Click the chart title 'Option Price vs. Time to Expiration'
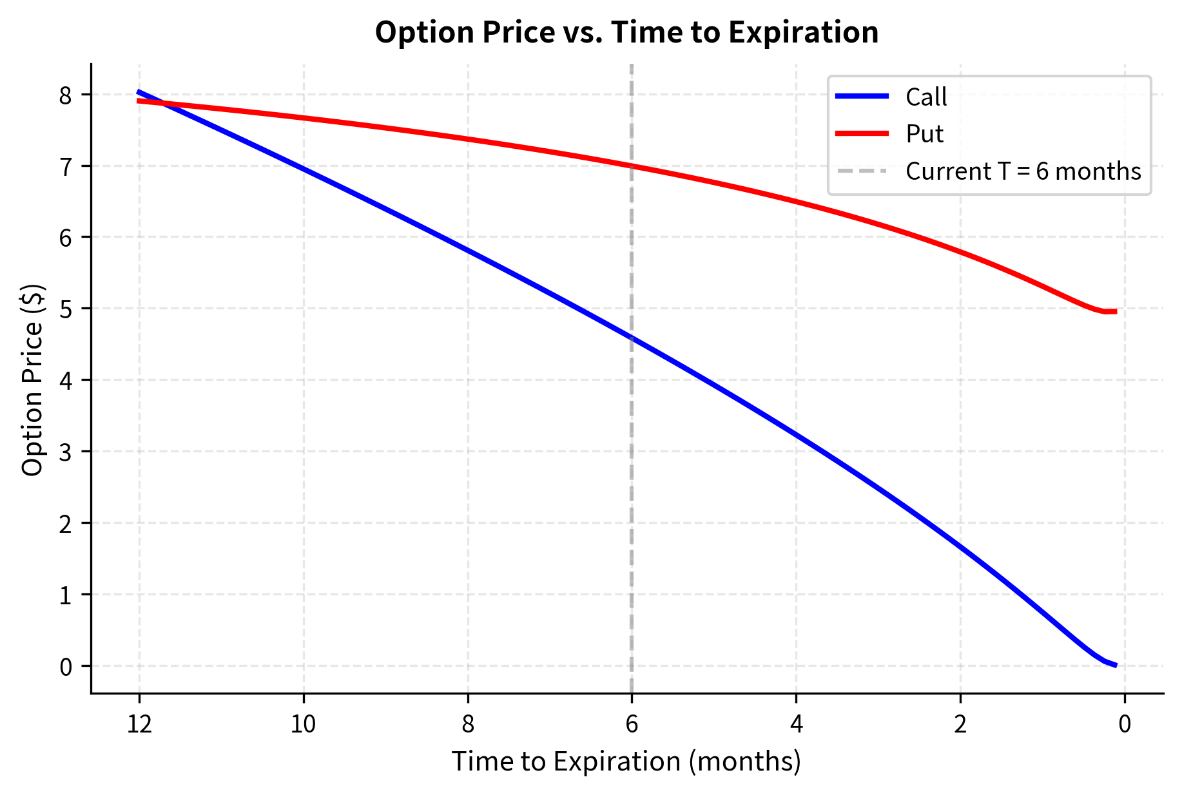(x=626, y=33)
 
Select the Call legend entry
(x=925, y=97)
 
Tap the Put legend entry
(x=924, y=134)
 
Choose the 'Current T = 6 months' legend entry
(x=1023, y=171)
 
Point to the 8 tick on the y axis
(x=66, y=95)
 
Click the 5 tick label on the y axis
(x=66, y=309)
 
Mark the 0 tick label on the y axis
(x=66, y=666)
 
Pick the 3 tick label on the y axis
(x=66, y=452)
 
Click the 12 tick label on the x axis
(x=139, y=725)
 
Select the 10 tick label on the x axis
(x=304, y=725)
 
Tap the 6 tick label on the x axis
(x=632, y=725)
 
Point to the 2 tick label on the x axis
(x=960, y=725)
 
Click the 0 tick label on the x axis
(x=1125, y=725)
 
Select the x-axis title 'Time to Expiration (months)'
(x=626, y=761)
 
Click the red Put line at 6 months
(x=632, y=166)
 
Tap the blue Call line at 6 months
(x=632, y=338)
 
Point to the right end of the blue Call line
(x=1116, y=666)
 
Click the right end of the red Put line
(x=1116, y=311)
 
